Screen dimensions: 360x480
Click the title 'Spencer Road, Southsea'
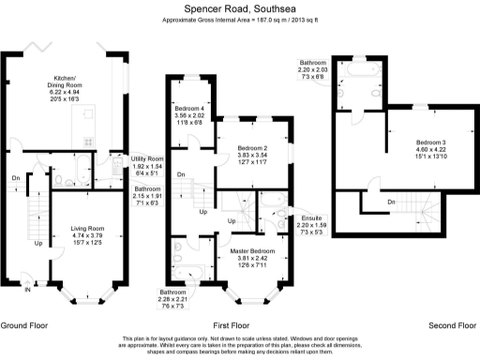click(239, 7)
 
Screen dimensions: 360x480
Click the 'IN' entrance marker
click(27, 291)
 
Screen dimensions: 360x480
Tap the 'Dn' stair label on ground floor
click(15, 177)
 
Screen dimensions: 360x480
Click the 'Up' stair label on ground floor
click(38, 243)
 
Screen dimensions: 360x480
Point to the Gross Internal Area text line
click(239, 20)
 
